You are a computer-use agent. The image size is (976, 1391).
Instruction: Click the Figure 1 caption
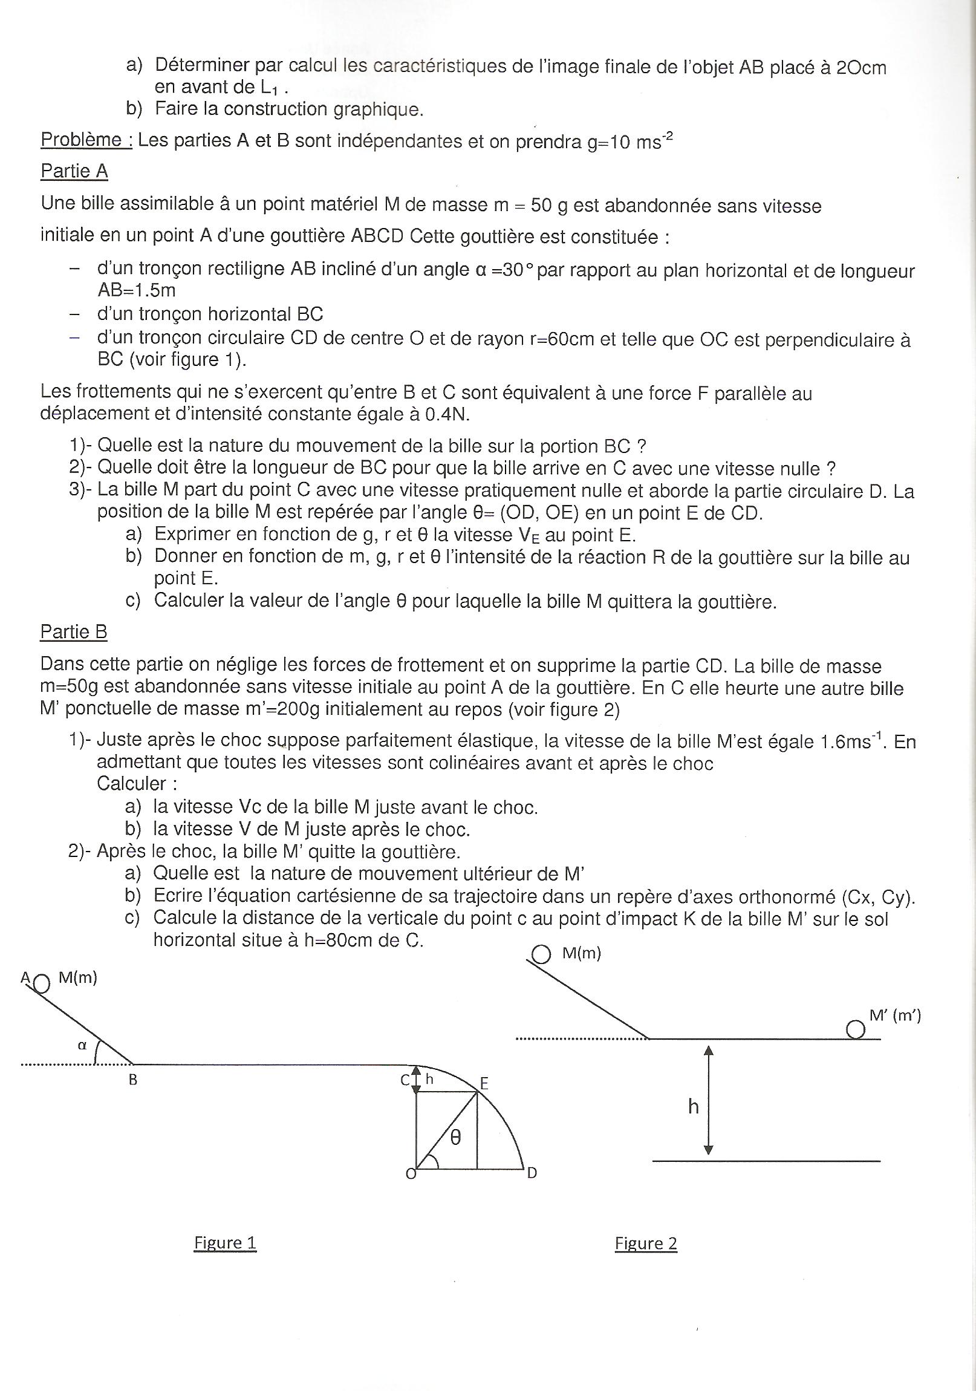[x=225, y=1243]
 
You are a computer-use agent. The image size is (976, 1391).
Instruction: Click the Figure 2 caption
[x=646, y=1243]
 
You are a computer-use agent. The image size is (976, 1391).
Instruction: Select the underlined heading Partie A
[x=74, y=171]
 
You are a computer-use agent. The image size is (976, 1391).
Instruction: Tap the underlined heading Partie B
[x=74, y=632]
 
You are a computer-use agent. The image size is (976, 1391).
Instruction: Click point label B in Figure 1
[x=132, y=1080]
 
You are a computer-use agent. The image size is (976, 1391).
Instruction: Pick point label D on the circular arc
[x=532, y=1173]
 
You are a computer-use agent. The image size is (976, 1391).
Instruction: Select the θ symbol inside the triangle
[x=455, y=1138]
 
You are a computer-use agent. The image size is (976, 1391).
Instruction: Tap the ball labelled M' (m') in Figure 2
[x=855, y=1029]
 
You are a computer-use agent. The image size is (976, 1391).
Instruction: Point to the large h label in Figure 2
[x=693, y=1107]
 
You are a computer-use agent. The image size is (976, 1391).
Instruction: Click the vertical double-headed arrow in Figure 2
[x=709, y=1099]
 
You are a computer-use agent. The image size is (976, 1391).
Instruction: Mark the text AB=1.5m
[x=136, y=291]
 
